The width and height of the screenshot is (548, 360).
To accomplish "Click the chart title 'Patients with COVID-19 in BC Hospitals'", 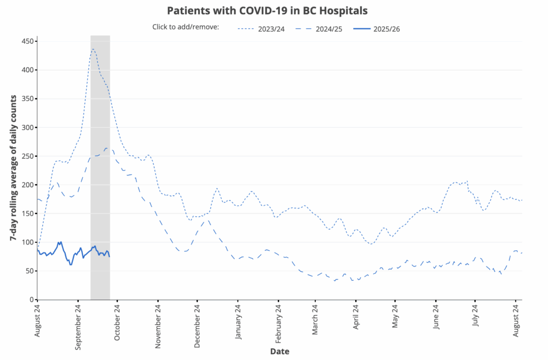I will (267, 11).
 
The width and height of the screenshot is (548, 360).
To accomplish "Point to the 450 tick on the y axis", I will (26, 42).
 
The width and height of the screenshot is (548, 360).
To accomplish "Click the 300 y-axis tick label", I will (26, 127).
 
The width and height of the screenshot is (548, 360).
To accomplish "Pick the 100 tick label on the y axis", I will (26, 242).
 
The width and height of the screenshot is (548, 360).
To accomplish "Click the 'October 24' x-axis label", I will (117, 320).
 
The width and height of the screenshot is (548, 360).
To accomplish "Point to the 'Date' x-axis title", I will (280, 351).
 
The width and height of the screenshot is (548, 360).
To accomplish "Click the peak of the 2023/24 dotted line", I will (93, 49).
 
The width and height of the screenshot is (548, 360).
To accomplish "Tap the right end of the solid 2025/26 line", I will (110, 257).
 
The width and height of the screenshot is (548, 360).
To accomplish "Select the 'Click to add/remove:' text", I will (186, 27).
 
